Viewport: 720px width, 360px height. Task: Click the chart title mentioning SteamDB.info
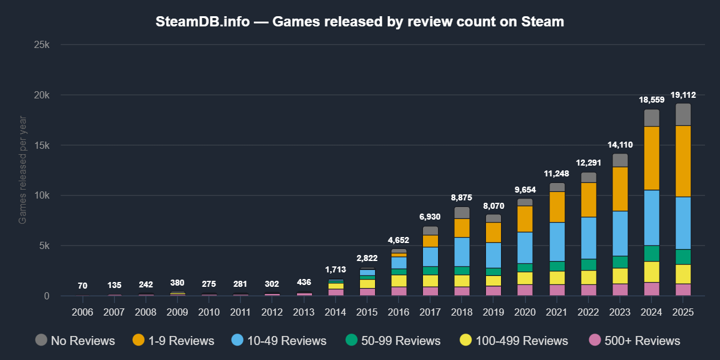(360, 22)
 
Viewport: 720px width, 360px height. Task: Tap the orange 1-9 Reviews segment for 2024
(652, 158)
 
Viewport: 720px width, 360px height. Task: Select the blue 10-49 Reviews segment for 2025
(683, 223)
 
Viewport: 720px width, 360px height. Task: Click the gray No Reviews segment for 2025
(683, 114)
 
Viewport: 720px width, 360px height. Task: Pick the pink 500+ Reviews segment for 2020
(525, 290)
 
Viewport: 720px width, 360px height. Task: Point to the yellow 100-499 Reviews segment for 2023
(620, 275)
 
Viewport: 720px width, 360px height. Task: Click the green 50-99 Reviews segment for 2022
(589, 265)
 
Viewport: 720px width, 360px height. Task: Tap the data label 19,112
(683, 95)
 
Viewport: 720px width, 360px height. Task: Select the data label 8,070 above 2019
(494, 206)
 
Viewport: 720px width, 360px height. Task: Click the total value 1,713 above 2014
(336, 270)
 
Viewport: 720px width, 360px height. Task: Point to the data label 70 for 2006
(83, 286)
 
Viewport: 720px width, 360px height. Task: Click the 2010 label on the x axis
(209, 313)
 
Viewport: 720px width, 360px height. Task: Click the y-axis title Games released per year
(23, 170)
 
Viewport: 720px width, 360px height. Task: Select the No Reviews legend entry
(75, 341)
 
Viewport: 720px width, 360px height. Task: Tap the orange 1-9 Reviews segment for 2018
(462, 227)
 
